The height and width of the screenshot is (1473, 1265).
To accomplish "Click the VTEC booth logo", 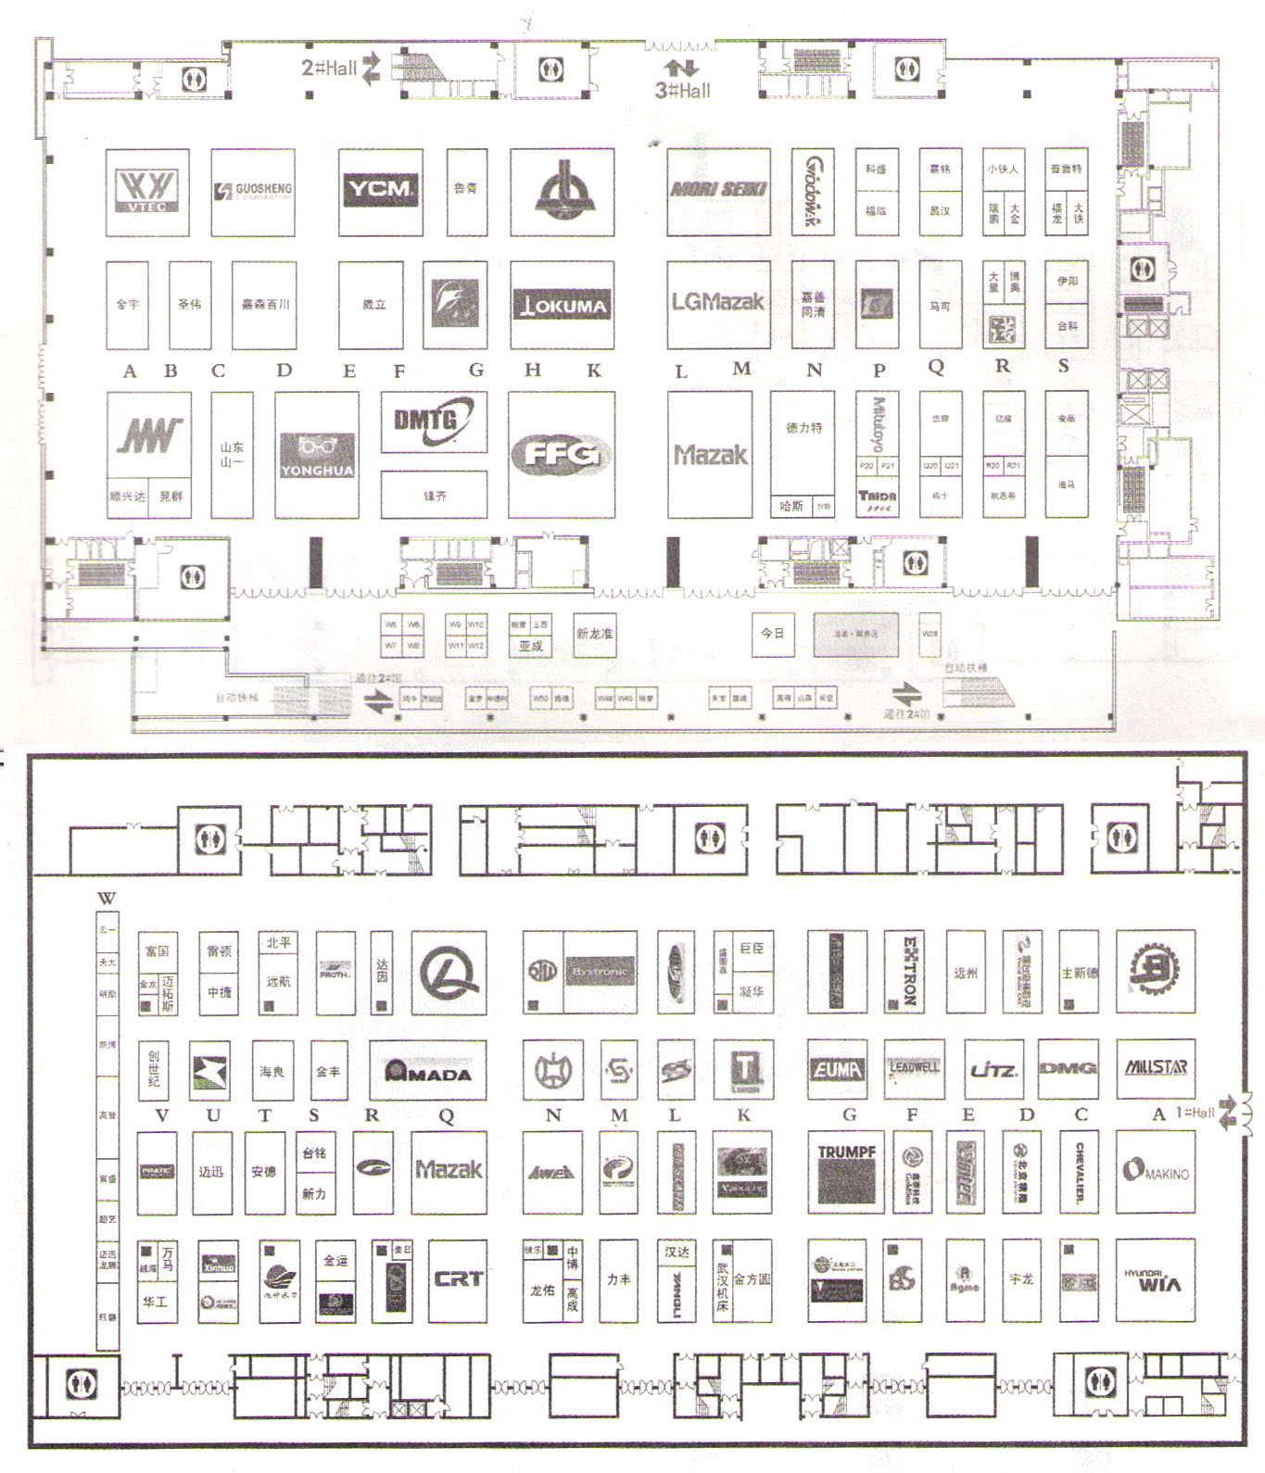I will tap(146, 191).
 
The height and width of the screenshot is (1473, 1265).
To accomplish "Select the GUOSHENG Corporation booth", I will tap(253, 191).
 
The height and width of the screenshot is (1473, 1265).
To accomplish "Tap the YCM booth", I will tap(380, 190).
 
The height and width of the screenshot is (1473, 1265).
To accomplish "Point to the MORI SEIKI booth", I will tap(718, 190).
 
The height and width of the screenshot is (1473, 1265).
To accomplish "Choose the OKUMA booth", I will tap(562, 305).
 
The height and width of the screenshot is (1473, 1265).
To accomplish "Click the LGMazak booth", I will tap(718, 302).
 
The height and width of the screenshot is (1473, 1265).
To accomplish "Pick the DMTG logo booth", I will tap(434, 422).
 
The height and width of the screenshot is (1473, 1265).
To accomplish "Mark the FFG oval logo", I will tap(561, 454).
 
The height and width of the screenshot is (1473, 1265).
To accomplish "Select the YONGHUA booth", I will tap(316, 455).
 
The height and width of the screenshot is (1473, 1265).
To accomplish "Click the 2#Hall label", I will tap(329, 67).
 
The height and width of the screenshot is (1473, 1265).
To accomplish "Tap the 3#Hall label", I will tap(683, 90).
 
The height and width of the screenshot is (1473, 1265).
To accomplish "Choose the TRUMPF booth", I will tap(846, 1171).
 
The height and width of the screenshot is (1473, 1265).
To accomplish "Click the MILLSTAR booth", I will tap(1155, 1067).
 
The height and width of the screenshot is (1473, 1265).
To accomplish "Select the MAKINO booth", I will tap(1155, 1171).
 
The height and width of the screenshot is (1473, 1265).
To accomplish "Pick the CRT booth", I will tap(458, 1279).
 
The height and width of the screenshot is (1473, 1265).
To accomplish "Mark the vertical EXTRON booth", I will tap(908, 971).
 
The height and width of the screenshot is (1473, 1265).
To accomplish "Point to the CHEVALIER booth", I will tap(1080, 1171).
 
